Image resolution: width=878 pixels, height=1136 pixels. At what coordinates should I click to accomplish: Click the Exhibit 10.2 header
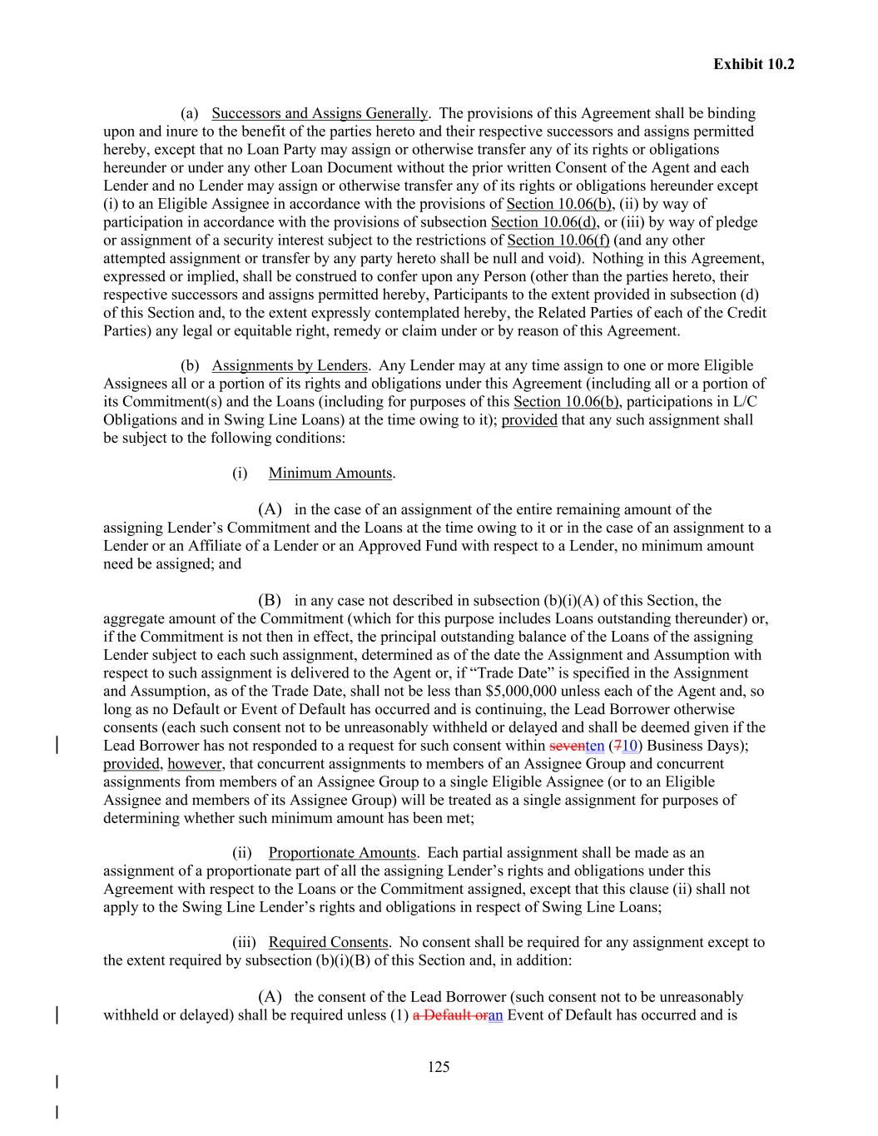click(753, 64)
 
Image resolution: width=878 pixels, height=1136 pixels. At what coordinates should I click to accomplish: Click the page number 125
click(439, 1067)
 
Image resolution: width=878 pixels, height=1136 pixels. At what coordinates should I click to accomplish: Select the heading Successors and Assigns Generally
click(320, 113)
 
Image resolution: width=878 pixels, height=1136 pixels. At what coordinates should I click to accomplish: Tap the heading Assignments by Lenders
click(290, 365)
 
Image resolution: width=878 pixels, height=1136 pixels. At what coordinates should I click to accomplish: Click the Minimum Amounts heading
click(330, 474)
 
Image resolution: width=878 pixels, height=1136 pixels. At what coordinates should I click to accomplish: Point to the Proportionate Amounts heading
click(342, 853)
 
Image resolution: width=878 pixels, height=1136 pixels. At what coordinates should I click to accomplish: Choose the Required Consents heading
click(328, 943)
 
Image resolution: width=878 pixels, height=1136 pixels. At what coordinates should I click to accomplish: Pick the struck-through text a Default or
click(449, 1015)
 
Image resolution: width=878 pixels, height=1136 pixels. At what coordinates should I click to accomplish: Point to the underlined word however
click(195, 764)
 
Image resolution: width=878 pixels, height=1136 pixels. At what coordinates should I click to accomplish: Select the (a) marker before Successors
click(189, 113)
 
